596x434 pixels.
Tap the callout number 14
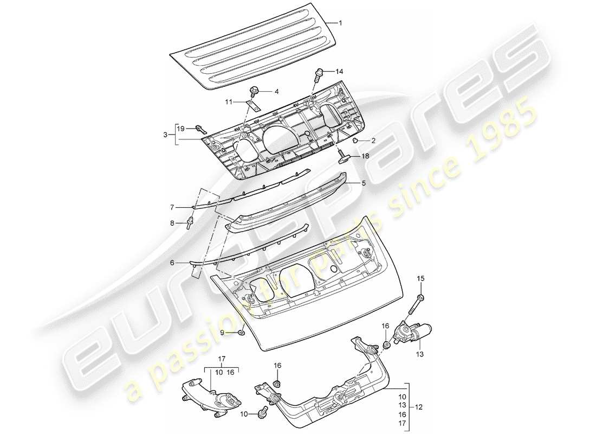(340, 71)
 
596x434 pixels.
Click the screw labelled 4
(255, 91)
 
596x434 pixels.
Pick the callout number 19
(180, 129)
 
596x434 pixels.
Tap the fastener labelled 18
(342, 157)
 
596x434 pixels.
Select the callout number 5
(364, 183)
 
